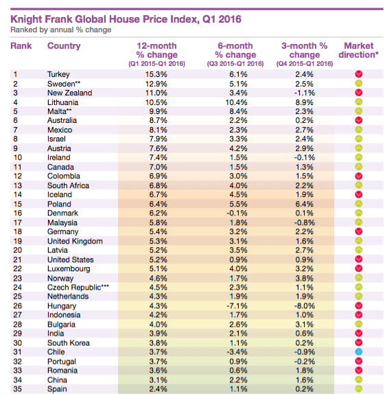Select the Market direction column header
tap(358, 50)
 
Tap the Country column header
tap(64, 46)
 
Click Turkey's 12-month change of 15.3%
tap(156, 74)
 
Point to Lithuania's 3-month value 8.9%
tap(305, 102)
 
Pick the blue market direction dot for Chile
tap(359, 351)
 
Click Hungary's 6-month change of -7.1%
tap(237, 306)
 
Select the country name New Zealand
tap(69, 93)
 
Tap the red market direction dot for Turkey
tap(359, 74)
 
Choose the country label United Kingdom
tap(75, 241)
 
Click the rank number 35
tap(18, 389)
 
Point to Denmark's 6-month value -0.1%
tap(237, 213)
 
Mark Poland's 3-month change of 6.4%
tap(305, 204)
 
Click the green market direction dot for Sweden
tap(359, 84)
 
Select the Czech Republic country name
tap(78, 287)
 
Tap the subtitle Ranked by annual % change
tap(61, 30)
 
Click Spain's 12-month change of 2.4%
tap(158, 389)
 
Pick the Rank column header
tap(21, 46)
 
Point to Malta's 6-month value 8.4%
tap(238, 111)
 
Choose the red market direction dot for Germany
tap(359, 231)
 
